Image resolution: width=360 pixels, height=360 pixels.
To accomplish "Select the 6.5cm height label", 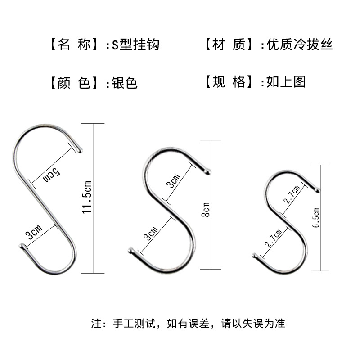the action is click(x=316, y=218).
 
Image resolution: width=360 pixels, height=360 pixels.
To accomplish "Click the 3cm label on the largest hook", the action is click(x=34, y=233).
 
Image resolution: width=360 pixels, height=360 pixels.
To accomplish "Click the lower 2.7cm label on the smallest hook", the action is click(x=274, y=239).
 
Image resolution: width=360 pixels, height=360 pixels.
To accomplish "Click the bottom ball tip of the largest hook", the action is click(x=22, y=246).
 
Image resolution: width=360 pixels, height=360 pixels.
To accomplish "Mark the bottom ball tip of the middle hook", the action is click(x=131, y=251).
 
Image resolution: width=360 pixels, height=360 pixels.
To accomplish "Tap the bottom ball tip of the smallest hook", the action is click(x=255, y=256).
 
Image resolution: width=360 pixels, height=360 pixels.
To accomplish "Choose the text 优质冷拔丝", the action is click(x=299, y=45).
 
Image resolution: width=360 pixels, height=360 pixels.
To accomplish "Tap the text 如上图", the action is click(x=286, y=82).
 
